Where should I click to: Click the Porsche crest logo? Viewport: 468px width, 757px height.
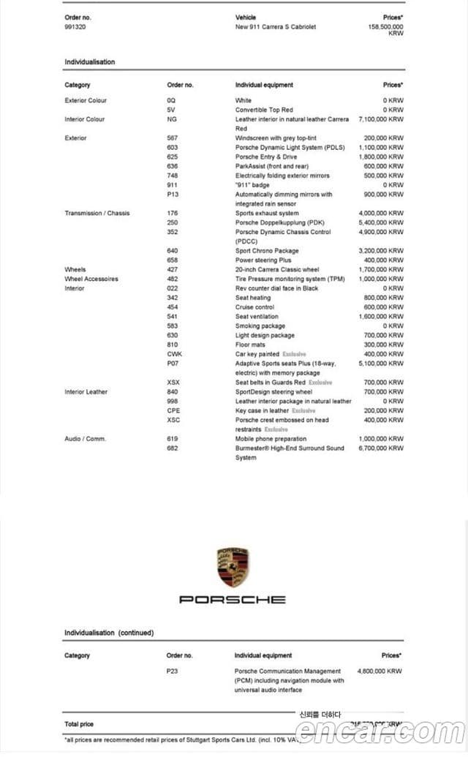[233, 567]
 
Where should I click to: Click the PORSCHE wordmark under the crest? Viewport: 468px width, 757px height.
[233, 600]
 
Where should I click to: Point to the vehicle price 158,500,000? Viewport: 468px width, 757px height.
[385, 26]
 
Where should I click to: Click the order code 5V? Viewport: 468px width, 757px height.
[171, 110]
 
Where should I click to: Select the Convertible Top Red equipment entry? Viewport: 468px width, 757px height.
[264, 110]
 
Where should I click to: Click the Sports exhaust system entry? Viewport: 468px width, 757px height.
[267, 214]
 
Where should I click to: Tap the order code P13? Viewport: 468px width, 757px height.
[173, 195]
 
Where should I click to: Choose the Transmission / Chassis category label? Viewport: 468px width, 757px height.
[97, 214]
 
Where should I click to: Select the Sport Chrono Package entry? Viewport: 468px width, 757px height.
[267, 251]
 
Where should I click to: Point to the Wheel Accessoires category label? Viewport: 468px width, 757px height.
[91, 279]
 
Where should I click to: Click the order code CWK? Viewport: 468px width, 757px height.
[174, 354]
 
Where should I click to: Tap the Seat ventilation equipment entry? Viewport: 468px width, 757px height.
[257, 317]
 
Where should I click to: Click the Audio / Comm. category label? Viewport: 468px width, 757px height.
[85, 439]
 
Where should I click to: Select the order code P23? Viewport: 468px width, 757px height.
[173, 671]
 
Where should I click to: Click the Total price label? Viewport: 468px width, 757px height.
[79, 724]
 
